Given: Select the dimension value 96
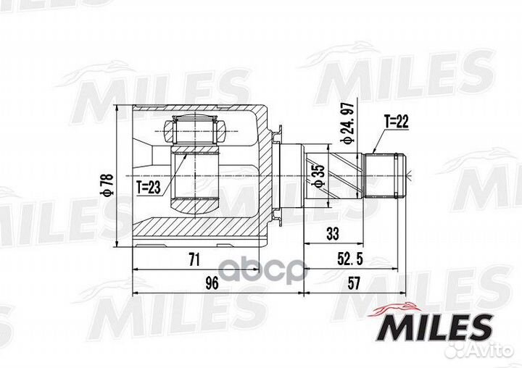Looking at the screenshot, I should [x=212, y=283].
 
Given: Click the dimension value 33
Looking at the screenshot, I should [x=333, y=234].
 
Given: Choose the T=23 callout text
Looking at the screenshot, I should [x=149, y=186].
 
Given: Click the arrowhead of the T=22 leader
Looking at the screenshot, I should [x=373, y=151].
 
